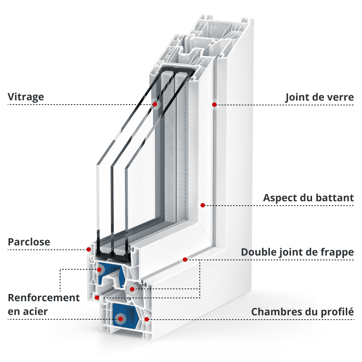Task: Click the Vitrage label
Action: [26, 97]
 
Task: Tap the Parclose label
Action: [29, 242]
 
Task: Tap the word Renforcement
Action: [44, 298]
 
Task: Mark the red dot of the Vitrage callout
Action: [155, 104]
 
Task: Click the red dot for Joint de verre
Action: [214, 104]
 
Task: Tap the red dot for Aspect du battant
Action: [203, 205]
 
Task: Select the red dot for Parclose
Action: [88, 249]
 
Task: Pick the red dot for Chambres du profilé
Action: [147, 319]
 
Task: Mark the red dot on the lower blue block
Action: [121, 319]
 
